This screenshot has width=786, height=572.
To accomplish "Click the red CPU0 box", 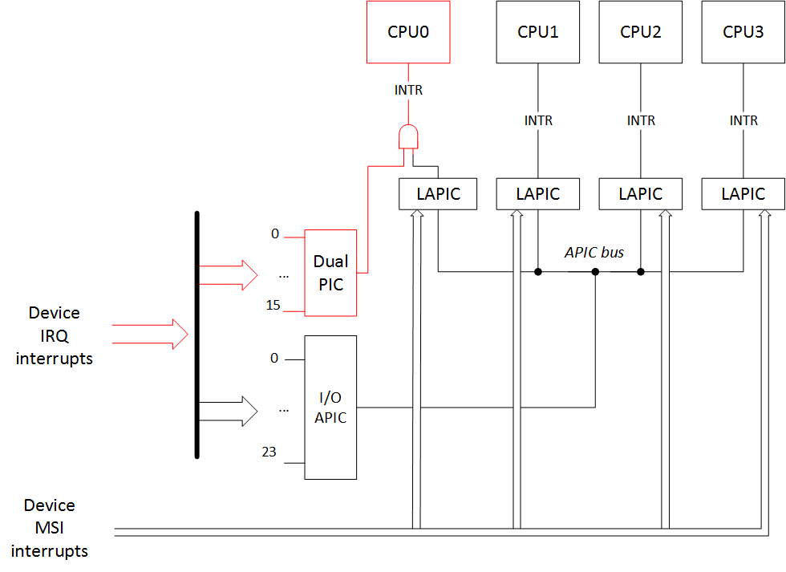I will click(408, 32).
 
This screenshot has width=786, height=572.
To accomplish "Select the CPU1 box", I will click(537, 32).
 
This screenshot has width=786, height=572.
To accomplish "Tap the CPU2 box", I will click(640, 32).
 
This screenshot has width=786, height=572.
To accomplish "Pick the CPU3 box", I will click(743, 32).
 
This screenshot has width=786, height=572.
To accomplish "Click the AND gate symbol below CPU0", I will click(408, 137).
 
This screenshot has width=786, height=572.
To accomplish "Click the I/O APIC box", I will click(330, 408).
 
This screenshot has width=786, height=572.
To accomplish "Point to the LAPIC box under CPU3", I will click(743, 194).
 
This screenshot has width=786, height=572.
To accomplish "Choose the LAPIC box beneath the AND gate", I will click(438, 194).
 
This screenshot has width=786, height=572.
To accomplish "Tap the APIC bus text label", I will click(594, 253).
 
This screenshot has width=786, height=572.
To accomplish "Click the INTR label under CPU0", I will click(408, 90).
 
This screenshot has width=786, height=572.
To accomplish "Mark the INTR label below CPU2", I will click(640, 120).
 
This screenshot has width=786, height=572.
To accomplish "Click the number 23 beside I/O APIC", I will click(269, 452).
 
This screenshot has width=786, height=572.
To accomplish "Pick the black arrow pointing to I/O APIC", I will click(227, 411).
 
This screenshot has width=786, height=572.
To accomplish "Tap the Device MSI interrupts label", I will click(50, 528).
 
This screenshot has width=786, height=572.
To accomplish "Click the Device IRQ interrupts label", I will click(54, 335).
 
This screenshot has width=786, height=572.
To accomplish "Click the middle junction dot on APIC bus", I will click(595, 272).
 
